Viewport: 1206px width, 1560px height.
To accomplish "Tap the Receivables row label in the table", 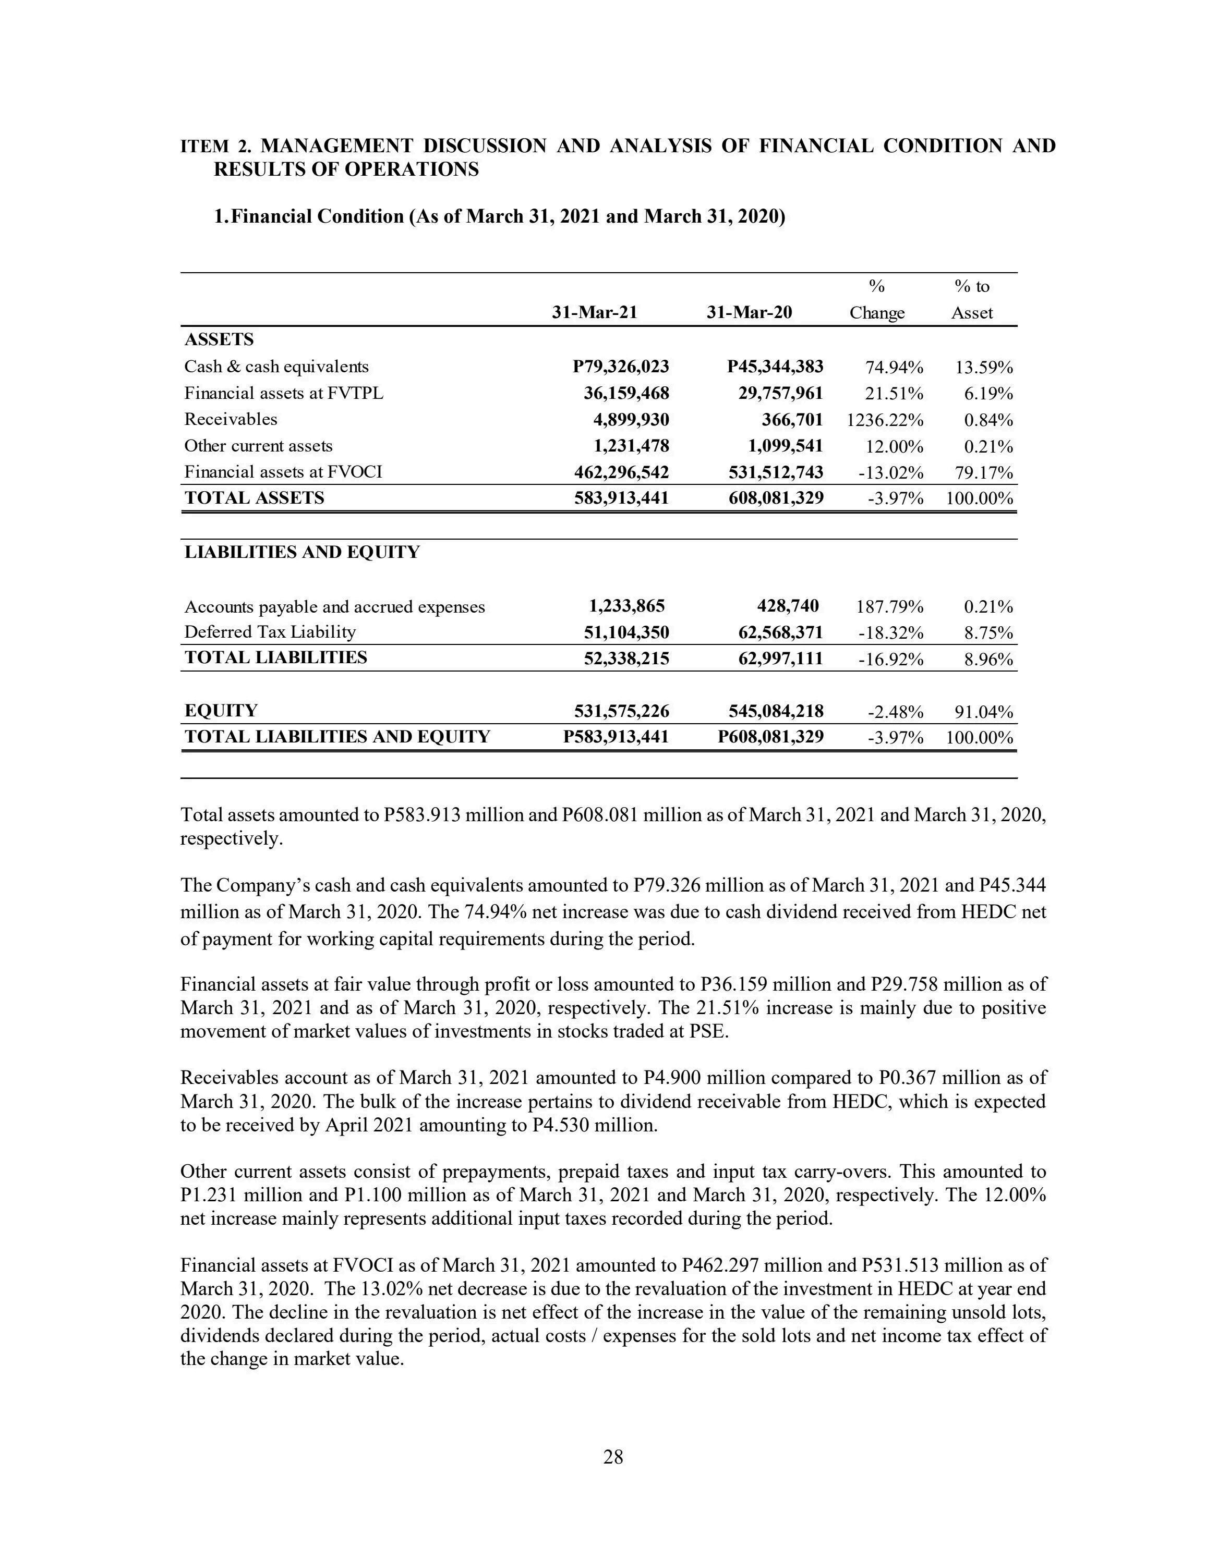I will tap(230, 419).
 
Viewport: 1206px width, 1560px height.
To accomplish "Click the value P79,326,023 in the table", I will tap(621, 367).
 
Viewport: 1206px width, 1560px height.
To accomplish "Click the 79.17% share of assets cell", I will tap(983, 473).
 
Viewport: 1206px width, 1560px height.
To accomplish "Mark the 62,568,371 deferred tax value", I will tap(780, 633).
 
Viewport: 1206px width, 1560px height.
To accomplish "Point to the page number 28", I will tap(613, 1457).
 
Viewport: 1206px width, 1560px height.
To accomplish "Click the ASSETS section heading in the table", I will tap(219, 340).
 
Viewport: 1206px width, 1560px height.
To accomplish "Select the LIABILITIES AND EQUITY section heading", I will tap(302, 552).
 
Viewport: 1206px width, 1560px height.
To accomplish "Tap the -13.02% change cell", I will tap(895, 473).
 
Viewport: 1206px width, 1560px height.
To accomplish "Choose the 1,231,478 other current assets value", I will tap(632, 446).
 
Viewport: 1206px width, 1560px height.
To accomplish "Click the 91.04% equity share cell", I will tap(983, 712).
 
